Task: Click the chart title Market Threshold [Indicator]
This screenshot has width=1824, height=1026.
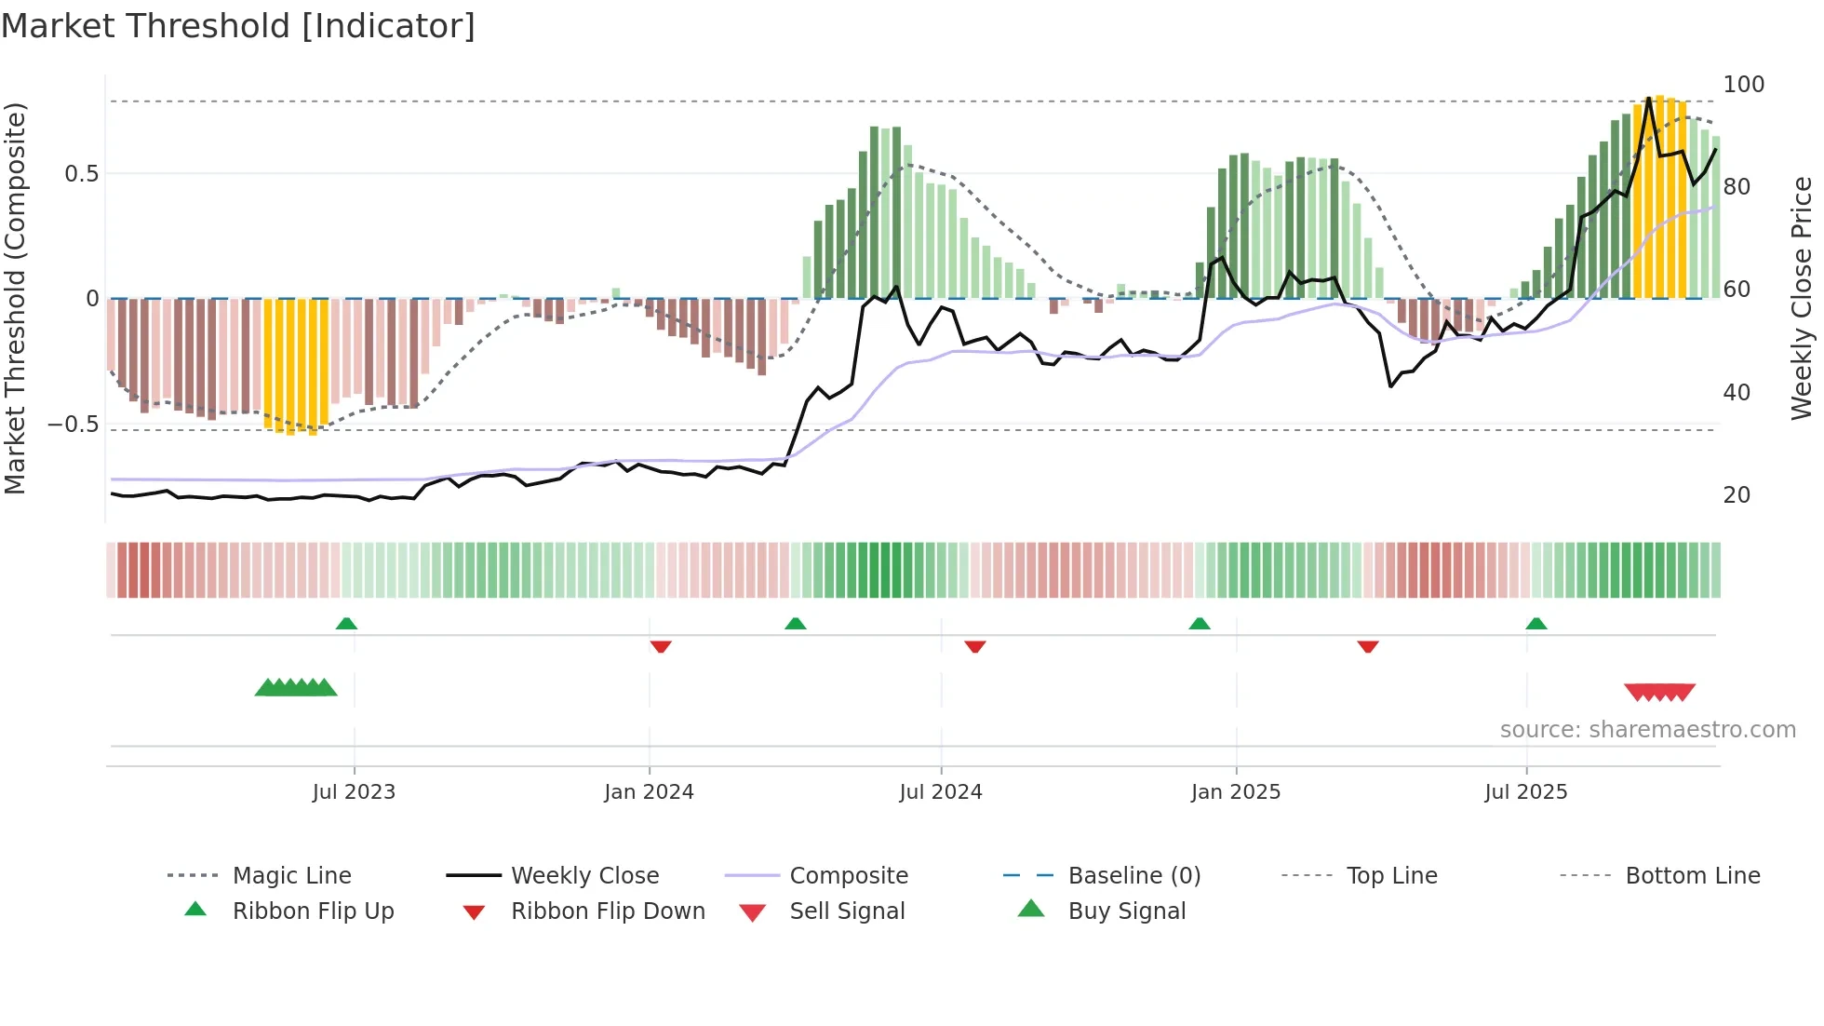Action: (238, 26)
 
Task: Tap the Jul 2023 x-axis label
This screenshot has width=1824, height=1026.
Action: (354, 792)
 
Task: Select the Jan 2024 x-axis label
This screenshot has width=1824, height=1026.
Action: (649, 792)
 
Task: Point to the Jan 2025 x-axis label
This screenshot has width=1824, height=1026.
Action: (1236, 792)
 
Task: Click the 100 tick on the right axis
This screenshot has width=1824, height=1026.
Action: (1743, 85)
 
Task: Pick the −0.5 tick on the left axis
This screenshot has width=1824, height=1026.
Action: (73, 425)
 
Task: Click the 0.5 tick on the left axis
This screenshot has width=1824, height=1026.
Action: (81, 174)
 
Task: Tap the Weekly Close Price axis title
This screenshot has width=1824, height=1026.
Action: (1802, 298)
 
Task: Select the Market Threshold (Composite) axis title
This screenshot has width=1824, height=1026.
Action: (15, 298)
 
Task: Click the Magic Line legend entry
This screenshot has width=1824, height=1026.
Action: (291, 876)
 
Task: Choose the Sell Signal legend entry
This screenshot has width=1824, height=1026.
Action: (846, 911)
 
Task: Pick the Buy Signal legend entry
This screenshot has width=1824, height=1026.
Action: (1126, 911)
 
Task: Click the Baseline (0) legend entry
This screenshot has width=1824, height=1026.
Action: (1133, 876)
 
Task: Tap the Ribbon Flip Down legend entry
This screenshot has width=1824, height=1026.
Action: (607, 911)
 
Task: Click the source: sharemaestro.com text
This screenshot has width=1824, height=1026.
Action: (1647, 730)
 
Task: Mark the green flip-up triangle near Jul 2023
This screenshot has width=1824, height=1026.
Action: (346, 624)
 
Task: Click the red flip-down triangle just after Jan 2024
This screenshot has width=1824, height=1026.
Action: (661, 646)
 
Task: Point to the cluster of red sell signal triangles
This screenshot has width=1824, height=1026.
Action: (1659, 692)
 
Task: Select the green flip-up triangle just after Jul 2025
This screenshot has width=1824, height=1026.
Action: (1536, 624)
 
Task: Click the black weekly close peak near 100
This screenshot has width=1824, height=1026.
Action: (1648, 98)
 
